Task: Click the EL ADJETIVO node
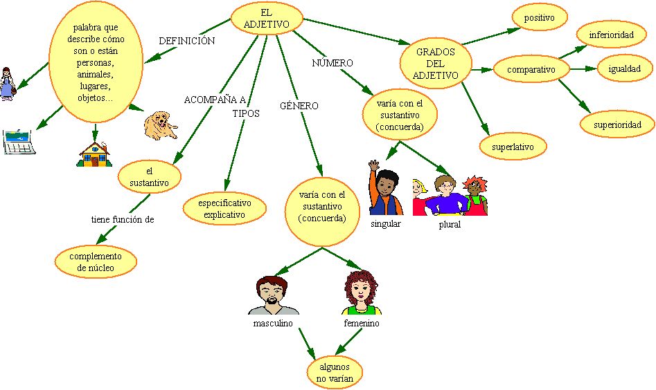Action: coord(267,18)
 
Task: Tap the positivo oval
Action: coord(539,18)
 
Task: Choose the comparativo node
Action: coord(531,69)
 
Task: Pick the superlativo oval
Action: coord(513,147)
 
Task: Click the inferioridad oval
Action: coord(612,35)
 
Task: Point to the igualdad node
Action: coord(625,69)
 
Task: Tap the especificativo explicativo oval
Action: coord(224,209)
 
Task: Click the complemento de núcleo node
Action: coord(96,261)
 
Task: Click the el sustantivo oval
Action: coord(149,177)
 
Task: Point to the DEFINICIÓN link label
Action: coord(186,41)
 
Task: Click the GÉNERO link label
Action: coord(299,106)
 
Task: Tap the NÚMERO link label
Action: coord(333,63)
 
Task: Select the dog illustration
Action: coord(160,125)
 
